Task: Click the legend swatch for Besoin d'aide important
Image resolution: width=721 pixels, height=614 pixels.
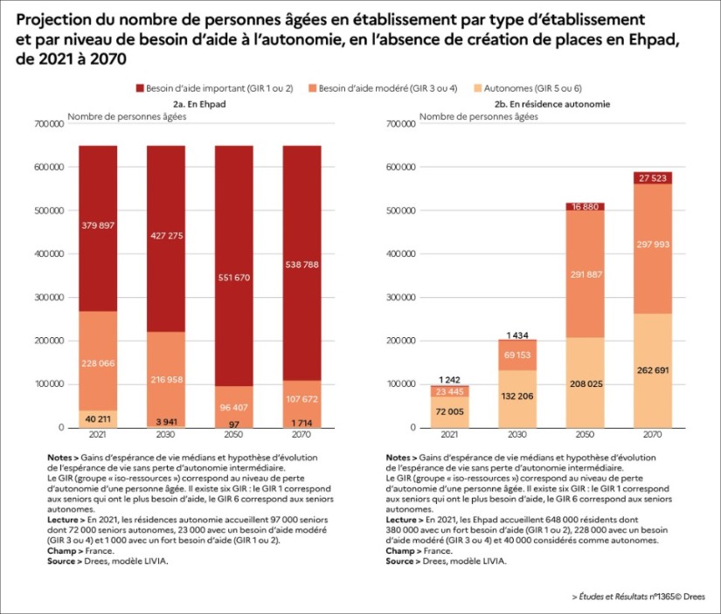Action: [x=142, y=89]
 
